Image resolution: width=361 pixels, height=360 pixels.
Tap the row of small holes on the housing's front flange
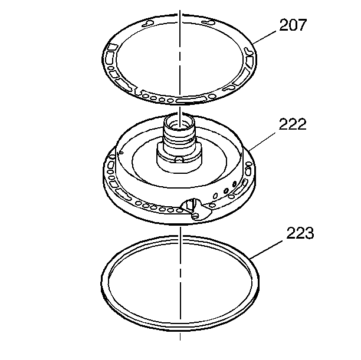tap(157, 207)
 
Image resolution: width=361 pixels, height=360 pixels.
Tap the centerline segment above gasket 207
tap(180, 15)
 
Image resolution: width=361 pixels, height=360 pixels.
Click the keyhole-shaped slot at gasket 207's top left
tap(147, 25)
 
